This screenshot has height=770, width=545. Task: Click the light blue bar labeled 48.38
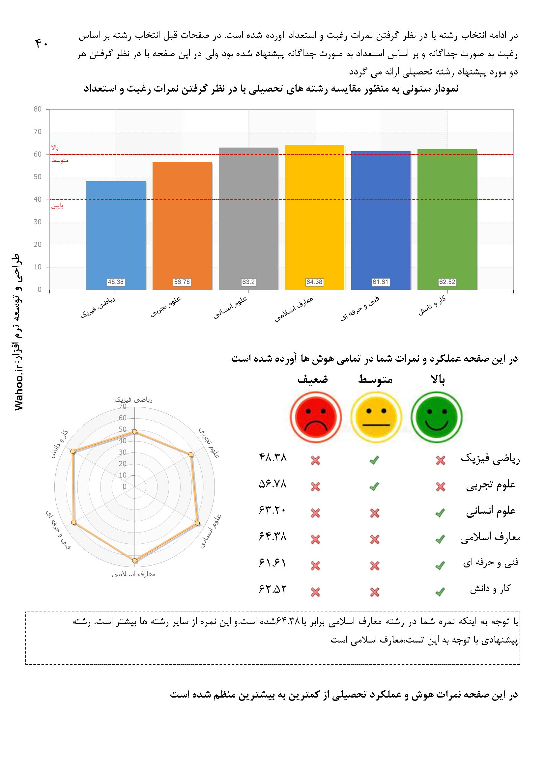click(x=116, y=235)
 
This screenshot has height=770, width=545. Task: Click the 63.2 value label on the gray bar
click(x=248, y=282)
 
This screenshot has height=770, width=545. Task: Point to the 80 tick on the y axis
click(x=38, y=109)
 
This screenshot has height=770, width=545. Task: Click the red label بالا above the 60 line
click(x=55, y=148)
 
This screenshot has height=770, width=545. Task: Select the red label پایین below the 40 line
click(x=57, y=206)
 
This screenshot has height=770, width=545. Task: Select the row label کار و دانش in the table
click(x=490, y=589)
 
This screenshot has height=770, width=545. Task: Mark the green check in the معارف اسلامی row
click(x=440, y=539)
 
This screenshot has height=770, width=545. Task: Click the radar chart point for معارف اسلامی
click(x=134, y=561)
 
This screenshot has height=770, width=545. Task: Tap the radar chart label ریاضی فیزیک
click(x=133, y=400)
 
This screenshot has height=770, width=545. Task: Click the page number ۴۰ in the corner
click(x=42, y=43)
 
